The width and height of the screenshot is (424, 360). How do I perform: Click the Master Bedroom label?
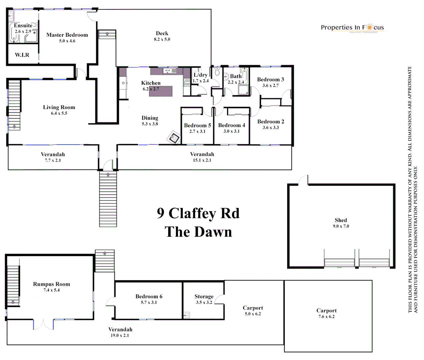click(x=67, y=35)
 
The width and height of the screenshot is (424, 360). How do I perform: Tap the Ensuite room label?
click(x=23, y=26)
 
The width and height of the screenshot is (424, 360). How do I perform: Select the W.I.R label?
click(x=22, y=55)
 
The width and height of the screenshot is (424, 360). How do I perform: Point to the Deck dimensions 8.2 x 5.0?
click(x=162, y=39)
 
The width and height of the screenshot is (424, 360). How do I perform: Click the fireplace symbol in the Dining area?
click(x=174, y=137)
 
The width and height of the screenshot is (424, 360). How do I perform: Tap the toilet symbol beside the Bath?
click(x=217, y=72)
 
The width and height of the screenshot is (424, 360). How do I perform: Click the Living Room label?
click(x=59, y=107)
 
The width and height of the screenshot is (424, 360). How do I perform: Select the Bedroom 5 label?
click(x=198, y=126)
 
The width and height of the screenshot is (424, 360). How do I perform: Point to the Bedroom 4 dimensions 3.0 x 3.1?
click(x=231, y=131)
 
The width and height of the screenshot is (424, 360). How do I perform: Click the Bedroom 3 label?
click(x=270, y=80)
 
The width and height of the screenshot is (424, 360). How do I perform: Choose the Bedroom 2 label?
click(x=270, y=122)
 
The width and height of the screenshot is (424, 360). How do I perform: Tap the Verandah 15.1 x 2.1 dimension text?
click(x=202, y=160)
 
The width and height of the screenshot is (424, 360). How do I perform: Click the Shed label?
click(x=341, y=220)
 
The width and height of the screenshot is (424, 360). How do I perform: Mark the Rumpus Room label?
click(x=52, y=284)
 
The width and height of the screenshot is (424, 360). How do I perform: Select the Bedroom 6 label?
click(x=149, y=297)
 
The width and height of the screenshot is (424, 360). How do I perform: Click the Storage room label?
click(x=204, y=297)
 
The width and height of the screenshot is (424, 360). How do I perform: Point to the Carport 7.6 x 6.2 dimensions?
click(x=326, y=317)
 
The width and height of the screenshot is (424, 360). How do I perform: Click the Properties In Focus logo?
click(x=352, y=28)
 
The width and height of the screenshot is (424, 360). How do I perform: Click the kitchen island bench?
click(x=161, y=91)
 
